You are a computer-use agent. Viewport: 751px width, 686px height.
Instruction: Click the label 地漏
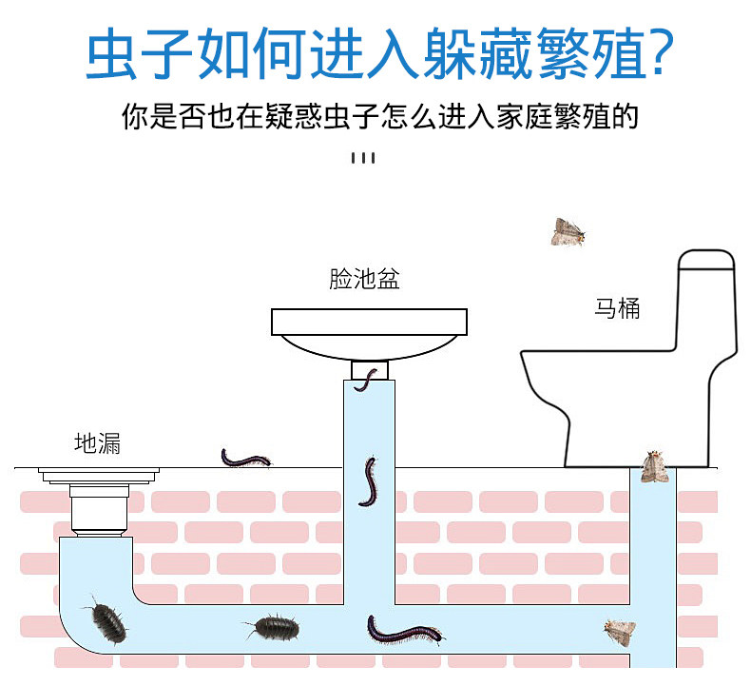coord(98,442)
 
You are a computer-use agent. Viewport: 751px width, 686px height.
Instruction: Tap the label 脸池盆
coord(365,279)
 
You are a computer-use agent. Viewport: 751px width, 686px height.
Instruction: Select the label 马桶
coord(617,307)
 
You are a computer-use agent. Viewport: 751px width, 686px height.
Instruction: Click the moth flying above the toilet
coord(568,231)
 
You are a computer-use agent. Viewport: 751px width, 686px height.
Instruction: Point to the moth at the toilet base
coord(652,465)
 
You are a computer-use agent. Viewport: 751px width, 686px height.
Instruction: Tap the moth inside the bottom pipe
coord(619,631)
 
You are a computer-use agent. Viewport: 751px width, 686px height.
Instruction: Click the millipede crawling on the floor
coord(246,458)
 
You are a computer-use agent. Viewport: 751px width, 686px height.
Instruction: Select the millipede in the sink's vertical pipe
coord(368,480)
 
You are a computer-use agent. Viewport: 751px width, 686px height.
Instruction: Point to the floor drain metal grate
coord(98,473)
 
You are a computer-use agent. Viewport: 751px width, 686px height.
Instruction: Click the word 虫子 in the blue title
coord(137,54)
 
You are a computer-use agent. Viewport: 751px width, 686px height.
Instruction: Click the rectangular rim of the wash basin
coord(370,322)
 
